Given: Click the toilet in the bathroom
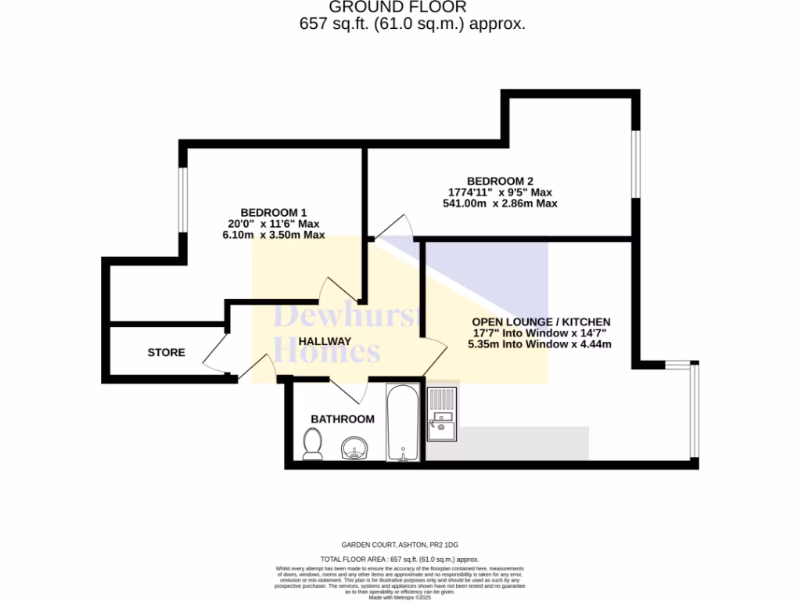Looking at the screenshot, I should pos(311,444).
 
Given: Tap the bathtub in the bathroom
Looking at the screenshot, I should pos(404,423).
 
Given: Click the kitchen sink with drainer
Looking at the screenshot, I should pos(441,414).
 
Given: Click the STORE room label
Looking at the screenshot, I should pos(167,353).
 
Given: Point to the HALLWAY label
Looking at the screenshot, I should pos(325,341).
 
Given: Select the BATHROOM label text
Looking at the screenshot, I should pos(343,419).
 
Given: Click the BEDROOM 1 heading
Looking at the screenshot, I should pos(273,213).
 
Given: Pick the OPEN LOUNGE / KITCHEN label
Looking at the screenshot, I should pos(541,322).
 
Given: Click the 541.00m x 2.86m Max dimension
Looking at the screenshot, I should pos(500,203).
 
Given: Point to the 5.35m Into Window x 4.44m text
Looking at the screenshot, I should pos(540,344).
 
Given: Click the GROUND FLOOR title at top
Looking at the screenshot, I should pos(398,8).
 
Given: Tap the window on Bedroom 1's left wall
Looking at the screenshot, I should pos(181,200).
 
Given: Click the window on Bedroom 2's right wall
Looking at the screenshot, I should pos(636,165).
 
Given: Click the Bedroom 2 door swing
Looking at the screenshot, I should pos(395,228).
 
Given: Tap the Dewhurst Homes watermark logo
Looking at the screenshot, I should pos(348,335).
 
